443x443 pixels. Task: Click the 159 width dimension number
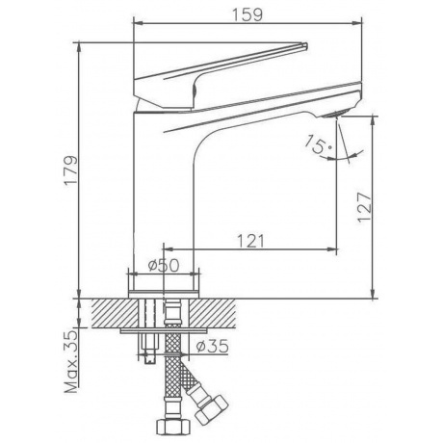point(248,14)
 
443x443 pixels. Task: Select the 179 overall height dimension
point(70,170)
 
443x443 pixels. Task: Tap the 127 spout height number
point(365,207)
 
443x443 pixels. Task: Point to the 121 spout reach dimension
point(250,241)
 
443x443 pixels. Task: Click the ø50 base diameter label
point(164,266)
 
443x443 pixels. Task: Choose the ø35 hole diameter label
point(213,346)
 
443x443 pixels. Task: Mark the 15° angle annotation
point(317,144)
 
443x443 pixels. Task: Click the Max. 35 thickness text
point(71,361)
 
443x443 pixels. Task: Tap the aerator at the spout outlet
point(335,114)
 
